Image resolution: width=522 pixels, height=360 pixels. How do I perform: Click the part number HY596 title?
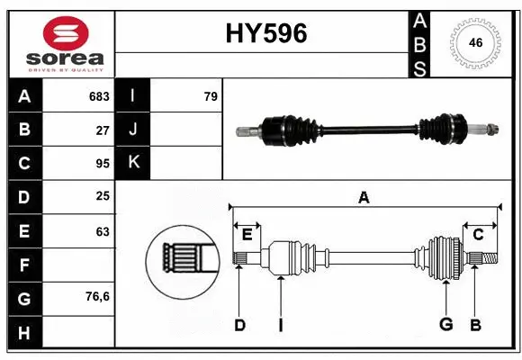(265, 33)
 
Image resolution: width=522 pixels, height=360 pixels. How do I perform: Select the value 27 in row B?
(103, 130)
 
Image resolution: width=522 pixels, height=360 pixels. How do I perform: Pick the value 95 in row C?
(103, 164)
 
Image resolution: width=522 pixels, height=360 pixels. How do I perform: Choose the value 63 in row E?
(103, 231)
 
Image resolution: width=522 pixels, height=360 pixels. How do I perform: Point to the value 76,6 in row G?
(98, 296)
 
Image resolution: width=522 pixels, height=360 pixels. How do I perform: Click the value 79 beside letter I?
(211, 96)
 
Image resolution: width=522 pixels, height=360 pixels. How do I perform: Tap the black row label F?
(24, 265)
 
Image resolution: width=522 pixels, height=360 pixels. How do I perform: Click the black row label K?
(133, 163)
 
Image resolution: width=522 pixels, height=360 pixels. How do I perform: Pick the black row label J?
(133, 130)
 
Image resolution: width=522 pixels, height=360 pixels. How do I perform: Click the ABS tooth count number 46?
(473, 42)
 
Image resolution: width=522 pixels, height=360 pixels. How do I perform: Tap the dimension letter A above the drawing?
(364, 197)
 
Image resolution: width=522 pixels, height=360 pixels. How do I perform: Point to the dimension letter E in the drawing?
(247, 235)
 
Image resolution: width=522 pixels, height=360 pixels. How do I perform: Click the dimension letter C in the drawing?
(478, 235)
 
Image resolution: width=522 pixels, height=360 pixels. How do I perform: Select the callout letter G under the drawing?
(445, 325)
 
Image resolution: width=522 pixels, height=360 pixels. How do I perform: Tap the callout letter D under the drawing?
(239, 325)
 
